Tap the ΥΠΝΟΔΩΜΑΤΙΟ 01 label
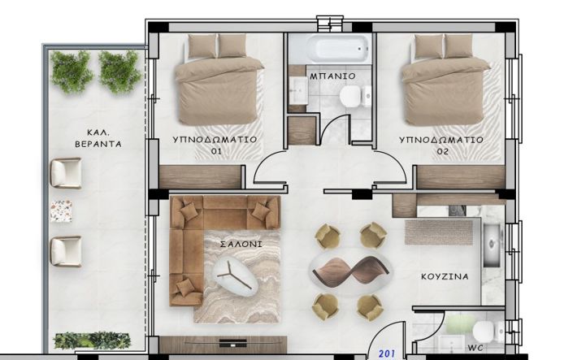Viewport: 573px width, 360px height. [x=215, y=145]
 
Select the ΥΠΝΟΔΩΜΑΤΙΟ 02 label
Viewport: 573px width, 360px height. [x=441, y=145]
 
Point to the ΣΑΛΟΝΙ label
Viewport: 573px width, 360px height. [x=228, y=244]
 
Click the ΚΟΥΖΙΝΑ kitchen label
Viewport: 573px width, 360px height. [x=445, y=276]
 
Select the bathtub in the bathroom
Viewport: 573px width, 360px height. [x=329, y=48]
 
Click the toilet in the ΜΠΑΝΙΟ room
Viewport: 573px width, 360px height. [x=350, y=98]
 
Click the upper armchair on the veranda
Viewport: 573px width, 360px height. [x=65, y=172]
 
